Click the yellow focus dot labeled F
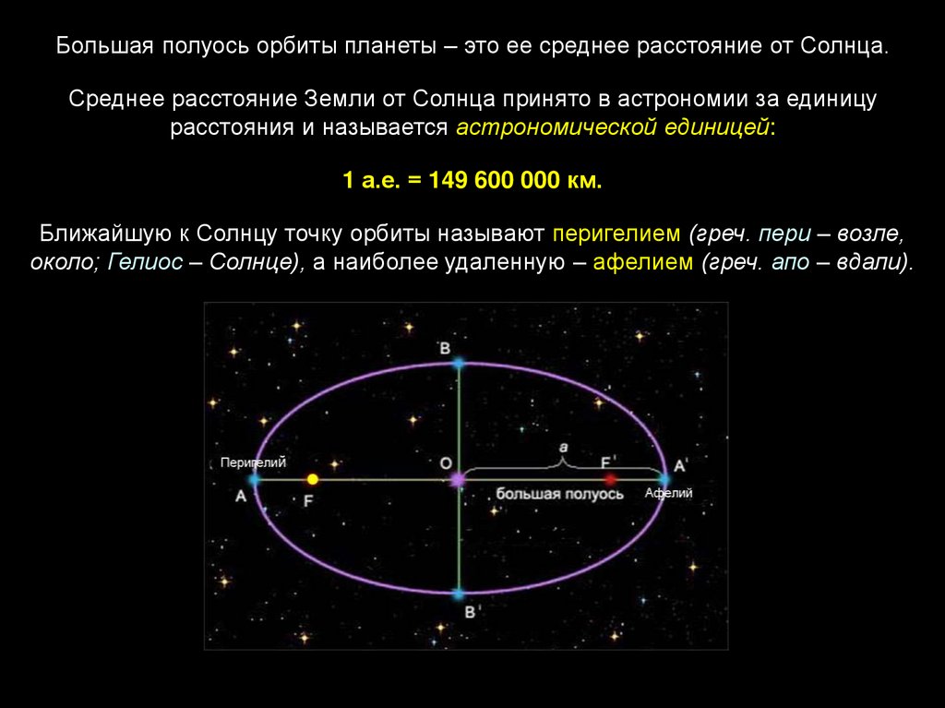[312, 479]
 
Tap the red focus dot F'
[611, 479]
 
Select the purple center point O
[458, 480]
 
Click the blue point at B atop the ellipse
[459, 363]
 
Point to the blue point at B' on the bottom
[459, 594]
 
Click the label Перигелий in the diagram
[253, 462]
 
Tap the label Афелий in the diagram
[668, 493]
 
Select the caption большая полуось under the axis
[559, 494]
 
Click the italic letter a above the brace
[564, 448]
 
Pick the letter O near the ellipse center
[446, 463]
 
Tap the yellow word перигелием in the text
[616, 234]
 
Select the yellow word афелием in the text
[643, 262]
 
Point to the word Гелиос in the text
[145, 262]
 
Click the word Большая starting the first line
[105, 46]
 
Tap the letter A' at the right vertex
[680, 465]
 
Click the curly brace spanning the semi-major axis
[564, 464]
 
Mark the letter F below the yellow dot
[308, 500]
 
